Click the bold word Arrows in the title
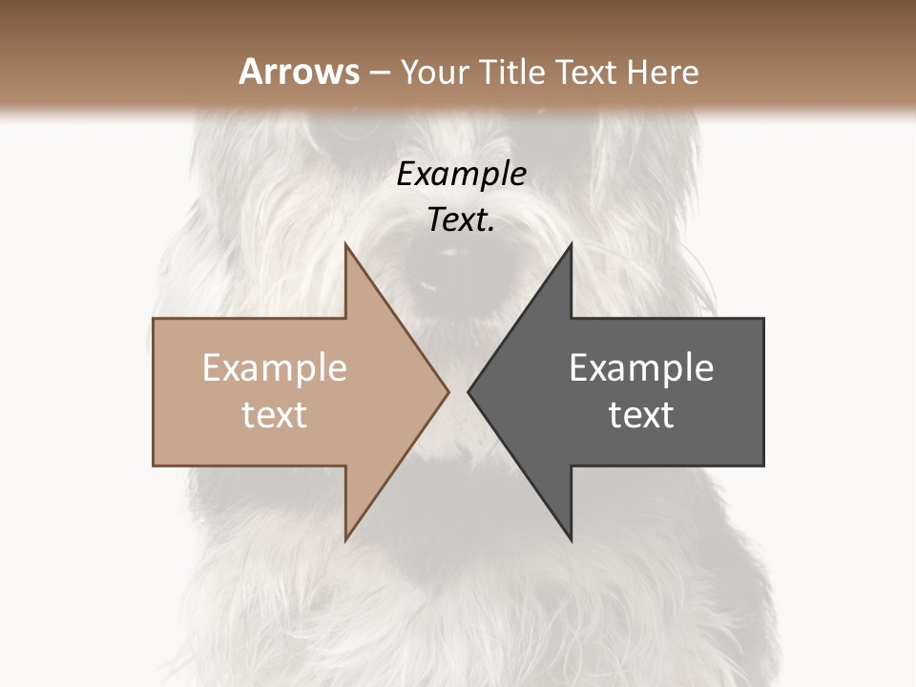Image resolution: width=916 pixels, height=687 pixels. tap(300, 72)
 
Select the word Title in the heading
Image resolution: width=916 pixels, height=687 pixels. tap(514, 72)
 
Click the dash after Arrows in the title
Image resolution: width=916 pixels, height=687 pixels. tap(380, 73)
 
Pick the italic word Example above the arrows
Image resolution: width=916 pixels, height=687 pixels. tap(462, 174)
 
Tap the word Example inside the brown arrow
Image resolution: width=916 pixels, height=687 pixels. tap(275, 368)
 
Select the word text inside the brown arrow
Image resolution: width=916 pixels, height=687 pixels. tap(275, 415)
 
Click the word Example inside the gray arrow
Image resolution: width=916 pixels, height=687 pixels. tap(641, 368)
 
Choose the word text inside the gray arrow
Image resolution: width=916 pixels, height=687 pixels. tap(641, 415)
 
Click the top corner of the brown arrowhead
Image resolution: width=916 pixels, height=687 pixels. tap(346, 246)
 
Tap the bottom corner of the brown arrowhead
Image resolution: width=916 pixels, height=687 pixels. tap(346, 539)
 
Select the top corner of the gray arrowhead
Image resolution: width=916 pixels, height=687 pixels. tap(571, 246)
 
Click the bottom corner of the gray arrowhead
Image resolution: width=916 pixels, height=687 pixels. tap(571, 539)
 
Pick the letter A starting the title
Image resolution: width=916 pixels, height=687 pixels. tap(250, 72)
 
